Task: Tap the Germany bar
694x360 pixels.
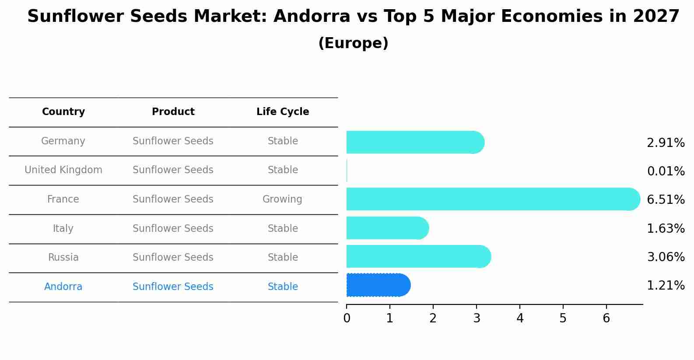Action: pos(415,142)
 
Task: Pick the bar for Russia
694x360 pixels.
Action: pos(418,256)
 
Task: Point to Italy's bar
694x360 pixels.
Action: pos(387,228)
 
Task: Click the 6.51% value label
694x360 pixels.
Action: pos(666,200)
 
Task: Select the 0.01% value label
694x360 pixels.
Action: pos(666,171)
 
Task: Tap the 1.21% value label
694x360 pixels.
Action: pos(666,286)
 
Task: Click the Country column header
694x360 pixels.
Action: pos(63,112)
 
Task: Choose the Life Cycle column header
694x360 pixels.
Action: pos(283,112)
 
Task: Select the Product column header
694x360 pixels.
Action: pos(173,112)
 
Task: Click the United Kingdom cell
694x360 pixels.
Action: pos(63,170)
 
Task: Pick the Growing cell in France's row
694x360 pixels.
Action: pos(282,199)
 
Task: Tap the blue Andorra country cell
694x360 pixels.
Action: pos(63,287)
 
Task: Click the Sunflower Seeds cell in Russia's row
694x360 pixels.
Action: pos(173,258)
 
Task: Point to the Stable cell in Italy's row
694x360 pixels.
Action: pos(283,229)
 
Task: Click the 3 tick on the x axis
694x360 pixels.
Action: pos(477,318)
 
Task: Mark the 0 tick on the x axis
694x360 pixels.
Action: pos(347,318)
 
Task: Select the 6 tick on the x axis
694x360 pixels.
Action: pos(606,318)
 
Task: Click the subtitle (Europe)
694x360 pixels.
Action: pos(353,43)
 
